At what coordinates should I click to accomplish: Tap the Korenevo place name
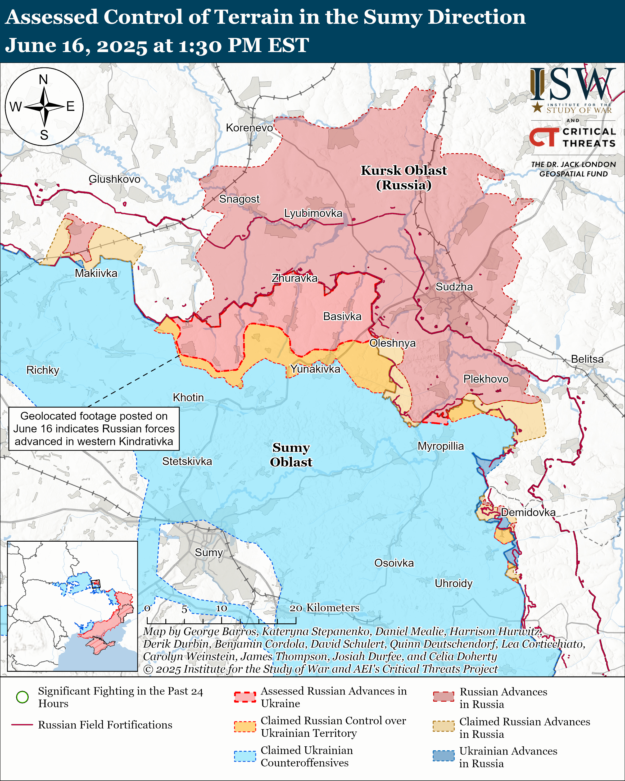pyautogui.click(x=249, y=128)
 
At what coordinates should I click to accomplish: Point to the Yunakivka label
pyautogui.click(x=315, y=369)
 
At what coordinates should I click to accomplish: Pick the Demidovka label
pyautogui.click(x=528, y=512)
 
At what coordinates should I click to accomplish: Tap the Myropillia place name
pyautogui.click(x=441, y=446)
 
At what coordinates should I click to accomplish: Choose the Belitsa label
pyautogui.click(x=587, y=359)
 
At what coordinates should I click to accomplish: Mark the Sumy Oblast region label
pyautogui.click(x=291, y=455)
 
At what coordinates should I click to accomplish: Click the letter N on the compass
pyautogui.click(x=43, y=79)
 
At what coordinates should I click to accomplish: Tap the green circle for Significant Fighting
pyautogui.click(x=22, y=697)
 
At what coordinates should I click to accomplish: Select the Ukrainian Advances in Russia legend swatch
pyautogui.click(x=443, y=756)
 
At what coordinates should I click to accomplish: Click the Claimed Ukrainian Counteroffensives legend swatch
pyautogui.click(x=245, y=756)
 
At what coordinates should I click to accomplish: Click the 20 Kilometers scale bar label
pyautogui.click(x=324, y=608)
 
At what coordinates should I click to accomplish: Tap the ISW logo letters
pyautogui.click(x=572, y=84)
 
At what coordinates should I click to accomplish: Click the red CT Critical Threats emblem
pyautogui.click(x=544, y=137)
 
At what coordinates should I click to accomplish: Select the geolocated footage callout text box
pyautogui.click(x=94, y=428)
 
